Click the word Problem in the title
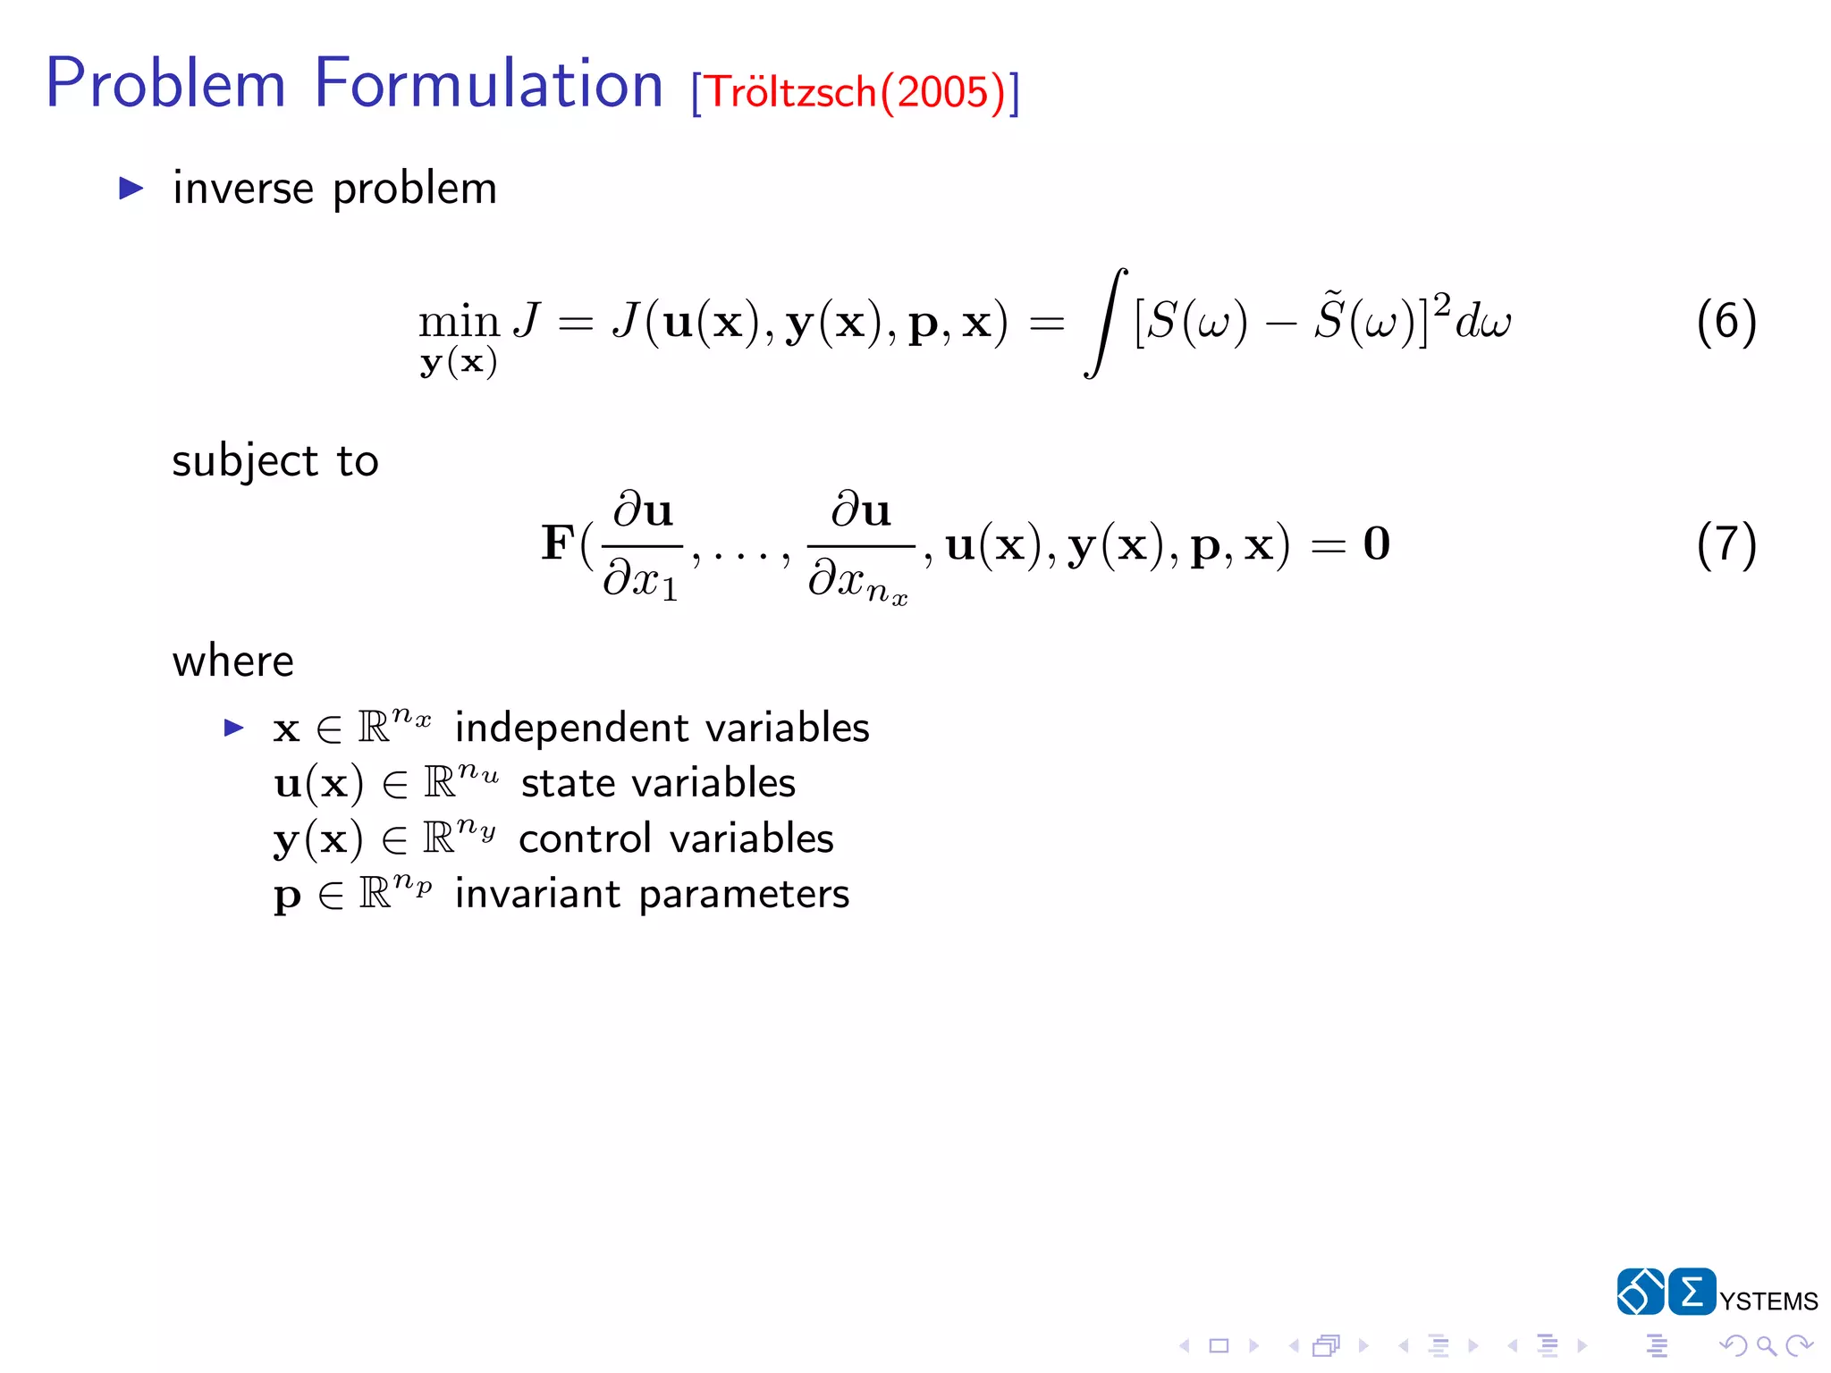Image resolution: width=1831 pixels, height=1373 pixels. coord(165,85)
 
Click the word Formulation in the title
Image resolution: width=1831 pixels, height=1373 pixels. coord(488,85)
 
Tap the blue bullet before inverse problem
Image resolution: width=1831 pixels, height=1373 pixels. coord(131,188)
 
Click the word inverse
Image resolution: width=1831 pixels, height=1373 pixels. coord(243,189)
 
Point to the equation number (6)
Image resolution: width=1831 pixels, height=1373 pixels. coord(1726,322)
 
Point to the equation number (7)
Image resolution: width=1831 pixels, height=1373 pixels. coord(1726,544)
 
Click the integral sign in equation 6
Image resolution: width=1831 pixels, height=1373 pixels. coord(1106,323)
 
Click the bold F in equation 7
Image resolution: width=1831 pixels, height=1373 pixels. coord(558,543)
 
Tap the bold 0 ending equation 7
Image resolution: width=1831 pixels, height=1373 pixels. coord(1377,543)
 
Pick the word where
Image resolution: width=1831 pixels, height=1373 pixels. coord(233,662)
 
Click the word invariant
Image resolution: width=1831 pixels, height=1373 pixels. coord(537,895)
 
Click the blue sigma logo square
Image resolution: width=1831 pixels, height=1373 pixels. coord(1692,1292)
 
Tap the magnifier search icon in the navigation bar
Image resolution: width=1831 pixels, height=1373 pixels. coord(1766,1345)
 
